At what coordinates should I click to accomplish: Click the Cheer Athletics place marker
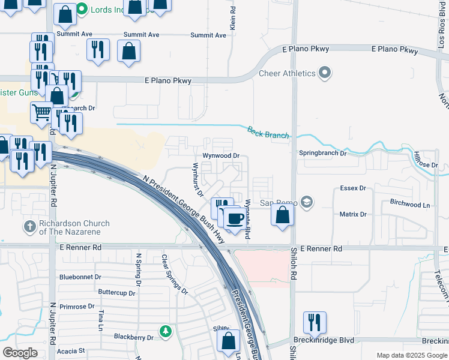click(x=325, y=73)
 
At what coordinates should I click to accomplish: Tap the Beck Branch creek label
click(x=268, y=132)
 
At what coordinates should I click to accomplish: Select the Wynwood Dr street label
click(x=221, y=155)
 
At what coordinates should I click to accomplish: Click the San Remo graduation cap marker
click(x=307, y=202)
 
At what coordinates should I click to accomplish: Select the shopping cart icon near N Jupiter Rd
click(x=41, y=112)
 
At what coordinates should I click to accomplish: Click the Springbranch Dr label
click(x=323, y=153)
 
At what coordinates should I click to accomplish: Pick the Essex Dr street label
click(x=353, y=188)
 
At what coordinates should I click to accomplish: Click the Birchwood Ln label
click(x=410, y=204)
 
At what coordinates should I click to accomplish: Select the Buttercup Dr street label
click(x=117, y=292)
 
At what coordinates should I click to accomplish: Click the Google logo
click(x=20, y=353)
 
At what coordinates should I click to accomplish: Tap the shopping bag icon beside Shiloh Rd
click(x=282, y=215)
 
